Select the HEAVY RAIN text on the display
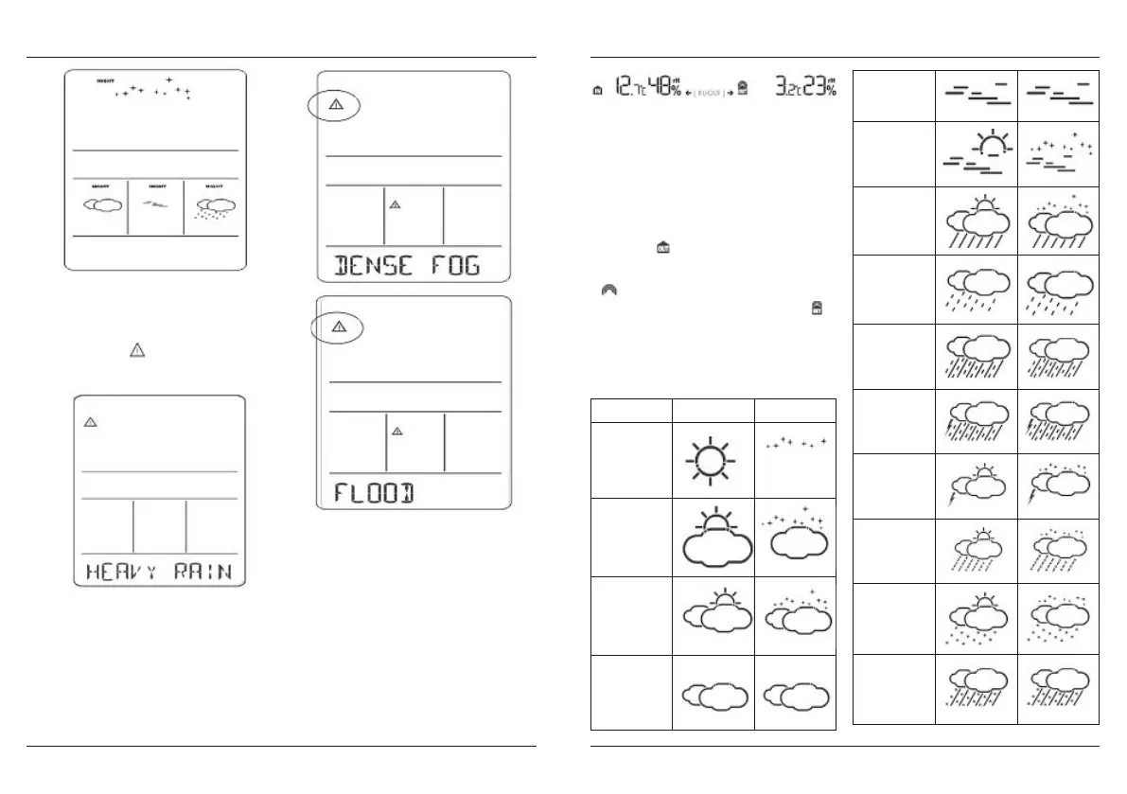point(159,572)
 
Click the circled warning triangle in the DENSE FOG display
point(334,105)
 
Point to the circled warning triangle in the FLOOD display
point(339,327)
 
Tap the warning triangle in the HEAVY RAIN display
point(91,422)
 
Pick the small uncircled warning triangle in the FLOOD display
point(397,431)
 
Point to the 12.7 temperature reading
point(628,89)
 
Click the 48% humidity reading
point(664,88)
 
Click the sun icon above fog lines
point(976,154)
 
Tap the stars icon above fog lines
point(1058,154)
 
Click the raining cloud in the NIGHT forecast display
point(214,209)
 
